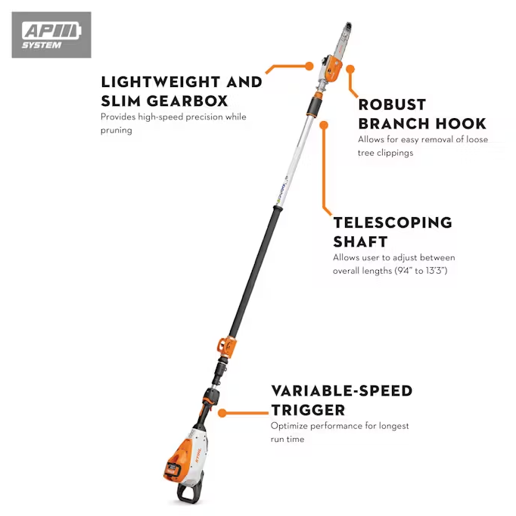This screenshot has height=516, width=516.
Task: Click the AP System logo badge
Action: click(x=51, y=35)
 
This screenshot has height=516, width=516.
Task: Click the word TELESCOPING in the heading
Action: click(x=393, y=223)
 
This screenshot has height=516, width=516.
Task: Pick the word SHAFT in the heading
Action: click(x=360, y=241)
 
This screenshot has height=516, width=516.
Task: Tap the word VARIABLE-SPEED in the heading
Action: click(x=342, y=391)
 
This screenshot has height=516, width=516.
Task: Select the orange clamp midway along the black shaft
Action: click(x=227, y=345)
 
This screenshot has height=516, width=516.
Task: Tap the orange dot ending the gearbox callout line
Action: click(x=309, y=66)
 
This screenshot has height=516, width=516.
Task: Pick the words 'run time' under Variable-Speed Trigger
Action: click(x=288, y=439)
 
